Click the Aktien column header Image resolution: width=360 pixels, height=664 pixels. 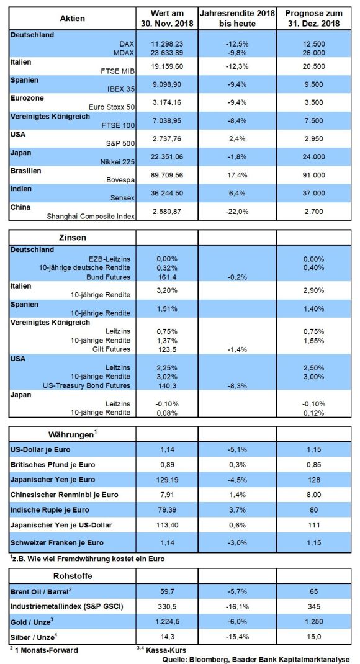73,18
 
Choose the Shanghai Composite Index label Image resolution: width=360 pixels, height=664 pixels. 90,217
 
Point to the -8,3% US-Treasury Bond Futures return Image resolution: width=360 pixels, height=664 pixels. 237,386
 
